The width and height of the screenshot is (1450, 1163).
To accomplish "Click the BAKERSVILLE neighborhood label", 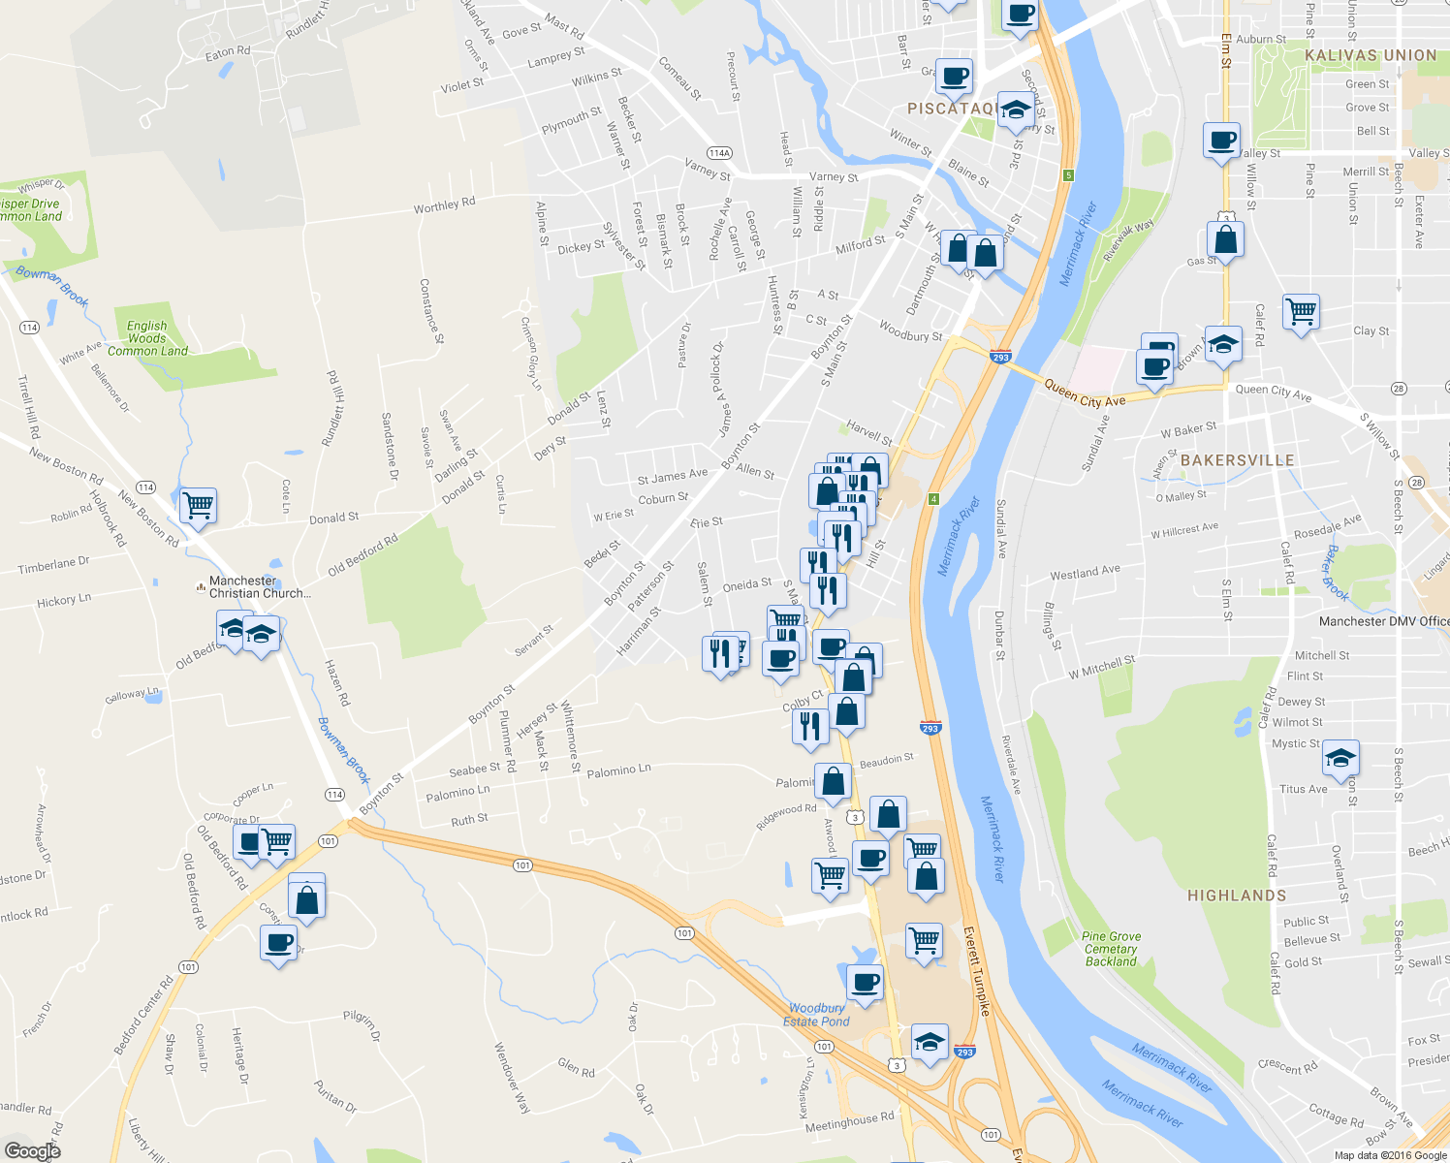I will [x=1238, y=460].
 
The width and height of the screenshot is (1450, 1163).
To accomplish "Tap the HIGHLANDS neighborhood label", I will [x=1237, y=896].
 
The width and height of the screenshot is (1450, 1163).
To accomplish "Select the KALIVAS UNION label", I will [x=1371, y=55].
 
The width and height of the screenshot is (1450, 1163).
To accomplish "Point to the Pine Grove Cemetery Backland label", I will [x=1111, y=949].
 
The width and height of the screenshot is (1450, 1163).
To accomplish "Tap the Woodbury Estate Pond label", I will [x=816, y=1015].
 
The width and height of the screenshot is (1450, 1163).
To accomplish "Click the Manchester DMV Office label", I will [x=1384, y=621].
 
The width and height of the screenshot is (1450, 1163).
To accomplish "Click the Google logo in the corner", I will [x=32, y=1150].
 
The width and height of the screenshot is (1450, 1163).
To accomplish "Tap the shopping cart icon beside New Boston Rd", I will [x=198, y=504].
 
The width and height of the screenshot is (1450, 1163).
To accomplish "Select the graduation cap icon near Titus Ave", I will [x=1340, y=757].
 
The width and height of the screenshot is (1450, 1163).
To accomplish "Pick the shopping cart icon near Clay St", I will [x=1301, y=311].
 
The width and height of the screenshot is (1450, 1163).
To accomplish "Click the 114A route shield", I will [x=719, y=153].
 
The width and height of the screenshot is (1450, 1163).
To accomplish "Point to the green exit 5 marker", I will [x=1068, y=175].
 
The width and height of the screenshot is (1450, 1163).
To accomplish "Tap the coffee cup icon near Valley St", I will [x=1222, y=140].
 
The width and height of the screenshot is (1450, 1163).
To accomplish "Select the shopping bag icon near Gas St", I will [x=1225, y=238].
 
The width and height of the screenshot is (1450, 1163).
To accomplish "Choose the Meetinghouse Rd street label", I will [x=849, y=1121].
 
